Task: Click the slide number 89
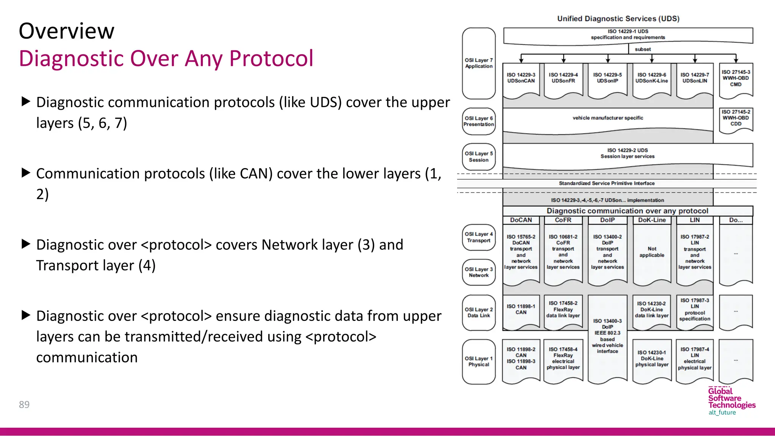coord(24,405)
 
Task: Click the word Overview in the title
coord(67,31)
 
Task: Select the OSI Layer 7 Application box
coord(479,63)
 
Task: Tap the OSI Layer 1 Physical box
coord(479,361)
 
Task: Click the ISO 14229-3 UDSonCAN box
coord(521,78)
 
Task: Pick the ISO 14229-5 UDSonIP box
coord(607,78)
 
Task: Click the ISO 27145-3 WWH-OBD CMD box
coord(736,78)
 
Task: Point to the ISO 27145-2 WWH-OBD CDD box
coord(736,118)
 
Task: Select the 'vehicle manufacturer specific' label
coord(608,118)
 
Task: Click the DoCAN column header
coord(521,220)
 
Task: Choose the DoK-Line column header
coord(652,220)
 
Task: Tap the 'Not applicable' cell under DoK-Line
coord(652,252)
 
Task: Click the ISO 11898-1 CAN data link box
coord(521,310)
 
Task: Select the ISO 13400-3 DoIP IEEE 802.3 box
coord(607,336)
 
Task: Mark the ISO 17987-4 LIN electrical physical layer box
coord(695,358)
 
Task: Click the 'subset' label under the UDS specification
coord(643,49)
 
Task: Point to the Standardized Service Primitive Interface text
coord(607,183)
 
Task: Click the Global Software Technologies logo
coord(731,402)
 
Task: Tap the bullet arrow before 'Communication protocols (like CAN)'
coord(26,173)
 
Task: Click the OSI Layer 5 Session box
coord(479,157)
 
